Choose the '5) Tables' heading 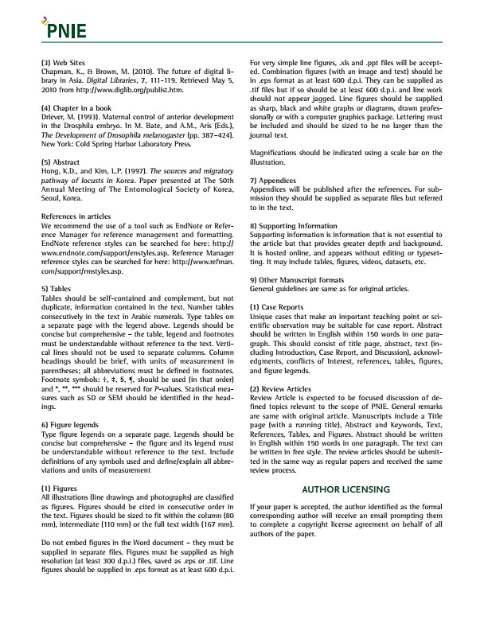[56, 287]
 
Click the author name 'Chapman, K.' [60, 72]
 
